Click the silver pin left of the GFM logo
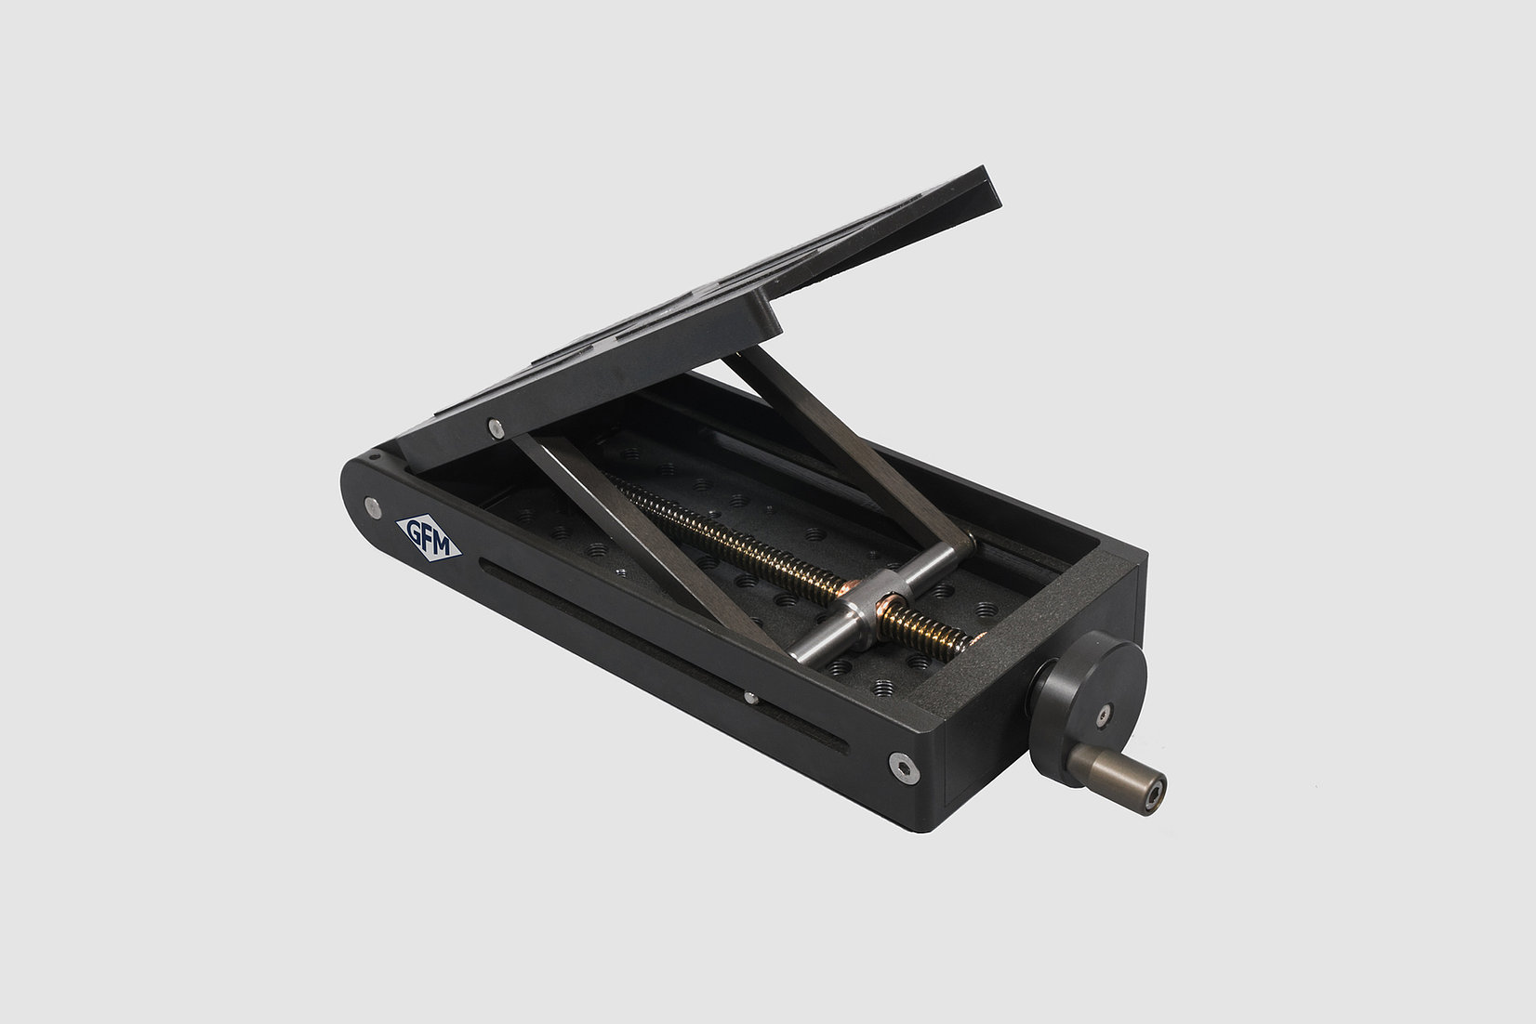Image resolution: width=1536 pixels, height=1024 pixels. pyautogui.click(x=373, y=506)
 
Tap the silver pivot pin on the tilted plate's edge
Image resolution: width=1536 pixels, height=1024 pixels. pyautogui.click(x=497, y=427)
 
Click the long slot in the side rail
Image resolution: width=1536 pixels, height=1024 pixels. pyautogui.click(x=651, y=650)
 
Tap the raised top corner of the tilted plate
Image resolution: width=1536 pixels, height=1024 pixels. pyautogui.click(x=986, y=181)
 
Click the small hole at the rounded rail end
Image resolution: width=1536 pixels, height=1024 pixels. pyautogui.click(x=373, y=457)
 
